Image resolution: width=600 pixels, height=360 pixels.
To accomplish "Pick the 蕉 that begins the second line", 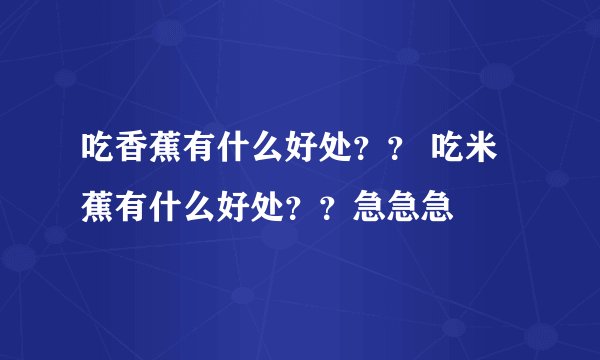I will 98,208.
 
